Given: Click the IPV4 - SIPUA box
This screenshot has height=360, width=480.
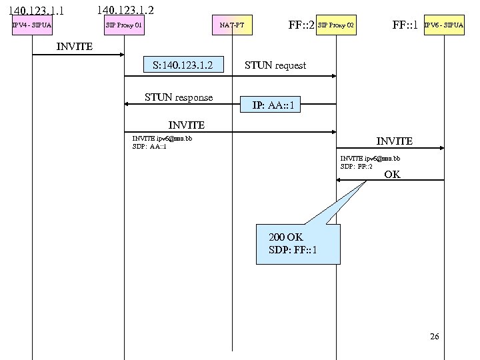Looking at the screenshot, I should click(x=32, y=26).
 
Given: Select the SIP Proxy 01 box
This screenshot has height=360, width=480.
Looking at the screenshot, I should click(x=124, y=26).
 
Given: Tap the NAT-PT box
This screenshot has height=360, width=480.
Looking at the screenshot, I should click(x=232, y=26).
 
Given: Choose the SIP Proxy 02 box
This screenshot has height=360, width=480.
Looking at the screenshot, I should click(x=336, y=26).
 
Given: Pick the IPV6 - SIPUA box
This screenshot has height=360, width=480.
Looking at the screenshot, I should click(x=444, y=26).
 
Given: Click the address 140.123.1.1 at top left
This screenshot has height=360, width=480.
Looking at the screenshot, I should click(x=36, y=11).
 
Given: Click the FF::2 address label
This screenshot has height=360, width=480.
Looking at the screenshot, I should click(x=301, y=26).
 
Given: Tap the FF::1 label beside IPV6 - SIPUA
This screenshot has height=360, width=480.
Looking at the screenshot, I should click(x=405, y=26).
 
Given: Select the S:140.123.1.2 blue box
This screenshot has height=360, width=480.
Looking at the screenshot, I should click(x=182, y=65).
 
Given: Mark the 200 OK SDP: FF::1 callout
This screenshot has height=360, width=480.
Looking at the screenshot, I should click(x=298, y=244).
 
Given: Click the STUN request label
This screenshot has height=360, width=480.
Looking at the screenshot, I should click(x=275, y=65).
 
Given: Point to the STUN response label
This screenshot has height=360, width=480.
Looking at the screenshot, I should click(x=179, y=97).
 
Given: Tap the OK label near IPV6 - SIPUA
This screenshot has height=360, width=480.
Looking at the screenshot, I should click(x=392, y=175).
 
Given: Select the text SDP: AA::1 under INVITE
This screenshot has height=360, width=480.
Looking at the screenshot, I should click(x=150, y=147).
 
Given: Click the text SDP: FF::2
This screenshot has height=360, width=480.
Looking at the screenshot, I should click(x=357, y=166).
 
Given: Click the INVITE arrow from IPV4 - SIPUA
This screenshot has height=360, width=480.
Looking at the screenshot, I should click(x=78, y=55).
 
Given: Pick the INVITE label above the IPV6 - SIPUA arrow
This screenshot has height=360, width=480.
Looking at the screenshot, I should click(x=394, y=141).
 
